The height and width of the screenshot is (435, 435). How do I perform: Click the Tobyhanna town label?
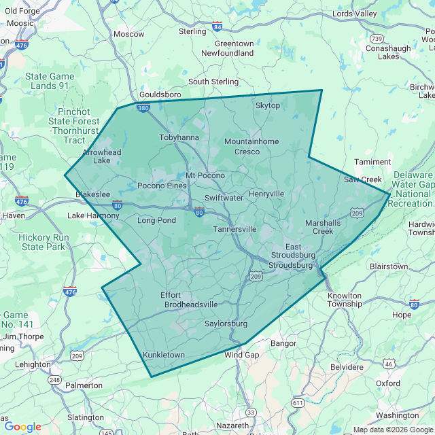pyautogui.click(x=179, y=137)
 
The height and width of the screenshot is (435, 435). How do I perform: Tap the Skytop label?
pyautogui.click(x=267, y=105)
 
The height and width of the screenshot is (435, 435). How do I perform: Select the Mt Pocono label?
pyautogui.click(x=205, y=175)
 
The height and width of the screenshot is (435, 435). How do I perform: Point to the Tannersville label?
pyautogui.click(x=234, y=229)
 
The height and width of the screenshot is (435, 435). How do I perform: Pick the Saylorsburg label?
pyautogui.click(x=226, y=324)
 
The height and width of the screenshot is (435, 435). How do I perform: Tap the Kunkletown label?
pyautogui.click(x=164, y=355)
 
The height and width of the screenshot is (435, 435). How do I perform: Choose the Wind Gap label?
pyautogui.click(x=242, y=355)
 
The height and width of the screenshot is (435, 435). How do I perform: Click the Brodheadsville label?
pyautogui.click(x=191, y=304)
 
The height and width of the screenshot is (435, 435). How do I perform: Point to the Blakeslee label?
pyautogui.click(x=92, y=194)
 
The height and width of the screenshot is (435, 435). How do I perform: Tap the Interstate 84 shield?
pyautogui.click(x=217, y=27)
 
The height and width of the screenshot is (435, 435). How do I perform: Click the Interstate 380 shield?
pyautogui.click(x=143, y=107)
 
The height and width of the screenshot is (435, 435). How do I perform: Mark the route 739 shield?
pyautogui.click(x=377, y=38)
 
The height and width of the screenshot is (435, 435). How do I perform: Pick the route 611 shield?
pyautogui.click(x=298, y=403)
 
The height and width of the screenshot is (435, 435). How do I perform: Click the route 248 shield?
pyautogui.click(x=54, y=379)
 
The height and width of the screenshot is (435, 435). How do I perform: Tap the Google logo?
pyautogui.click(x=22, y=427)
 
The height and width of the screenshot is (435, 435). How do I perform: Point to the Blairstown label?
pyautogui.click(x=389, y=266)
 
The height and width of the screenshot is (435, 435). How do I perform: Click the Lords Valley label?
pyautogui.click(x=354, y=14)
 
